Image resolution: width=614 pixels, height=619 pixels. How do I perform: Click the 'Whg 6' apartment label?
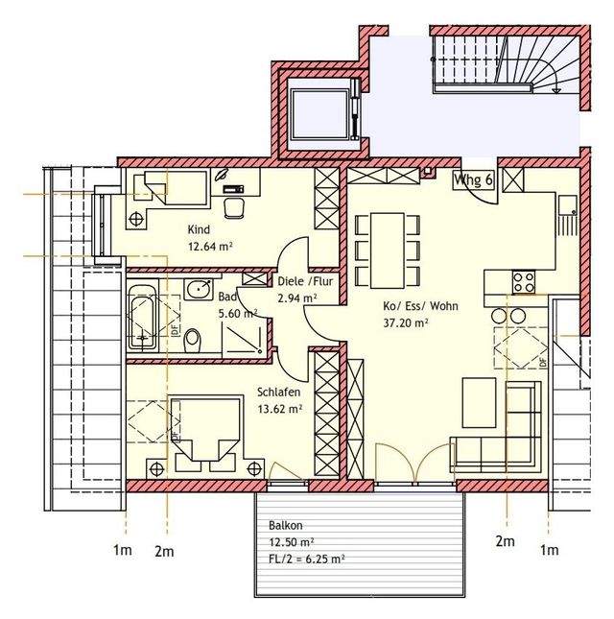473,180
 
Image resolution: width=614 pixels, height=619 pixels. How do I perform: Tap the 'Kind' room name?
199,229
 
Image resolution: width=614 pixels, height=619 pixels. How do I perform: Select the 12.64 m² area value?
210,247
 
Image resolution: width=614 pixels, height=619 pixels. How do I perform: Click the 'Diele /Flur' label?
305,281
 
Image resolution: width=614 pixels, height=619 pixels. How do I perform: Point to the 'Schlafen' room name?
278,392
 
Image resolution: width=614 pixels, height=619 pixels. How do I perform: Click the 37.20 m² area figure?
406,322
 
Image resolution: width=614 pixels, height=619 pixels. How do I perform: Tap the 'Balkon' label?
286,526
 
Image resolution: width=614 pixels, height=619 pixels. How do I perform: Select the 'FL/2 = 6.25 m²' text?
307,559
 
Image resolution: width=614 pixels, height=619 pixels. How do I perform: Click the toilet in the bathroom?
193,340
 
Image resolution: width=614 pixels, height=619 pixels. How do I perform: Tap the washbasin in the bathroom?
199,289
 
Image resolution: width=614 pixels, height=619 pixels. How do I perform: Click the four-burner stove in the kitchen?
524,282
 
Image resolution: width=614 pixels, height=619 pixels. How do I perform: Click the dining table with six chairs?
387,250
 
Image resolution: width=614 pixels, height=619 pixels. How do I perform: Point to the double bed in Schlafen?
205,430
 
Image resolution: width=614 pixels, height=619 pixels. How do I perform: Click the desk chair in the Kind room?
233,207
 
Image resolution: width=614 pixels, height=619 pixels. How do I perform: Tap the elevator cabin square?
319,114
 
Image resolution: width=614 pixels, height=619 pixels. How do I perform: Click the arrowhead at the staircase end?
556,91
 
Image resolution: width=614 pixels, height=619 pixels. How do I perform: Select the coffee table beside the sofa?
479,403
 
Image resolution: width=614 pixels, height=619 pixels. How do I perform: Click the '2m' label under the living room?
505,541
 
